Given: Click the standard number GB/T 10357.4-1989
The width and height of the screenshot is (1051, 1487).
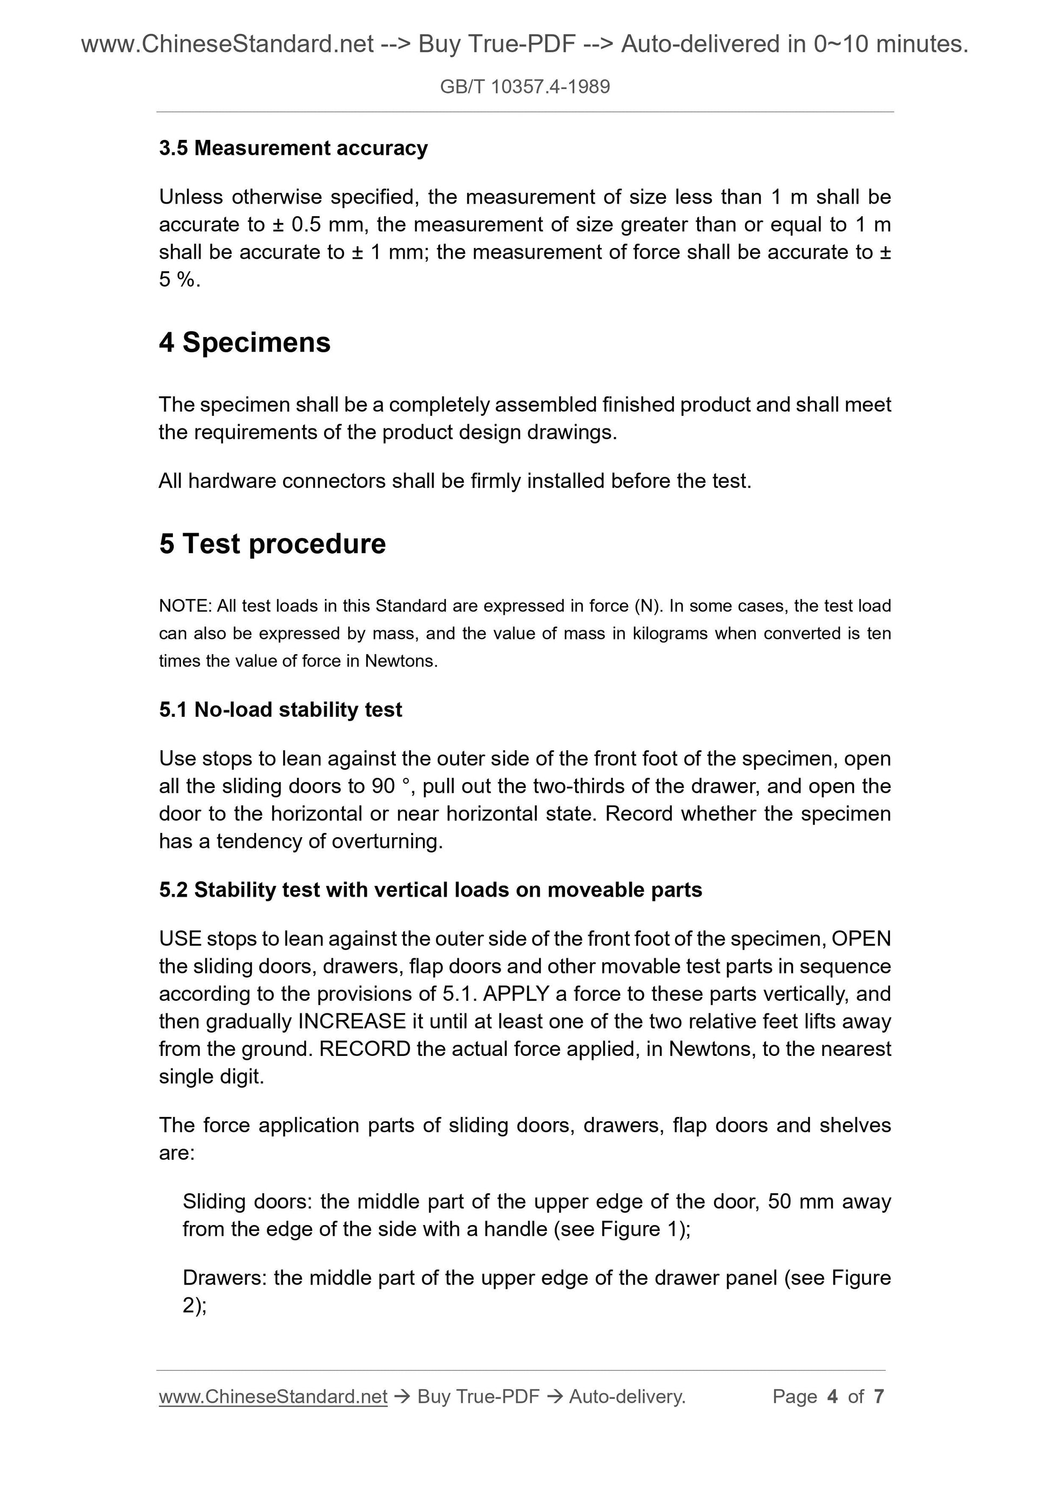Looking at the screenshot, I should [x=524, y=87].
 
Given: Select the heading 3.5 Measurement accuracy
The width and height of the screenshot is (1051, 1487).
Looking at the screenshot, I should [x=293, y=149].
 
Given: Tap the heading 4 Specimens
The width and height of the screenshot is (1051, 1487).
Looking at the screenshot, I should [x=245, y=342].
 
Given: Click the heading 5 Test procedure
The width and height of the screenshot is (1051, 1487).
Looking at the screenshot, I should [x=272, y=543].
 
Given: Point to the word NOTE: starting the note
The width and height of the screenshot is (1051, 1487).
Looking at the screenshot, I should [x=185, y=606].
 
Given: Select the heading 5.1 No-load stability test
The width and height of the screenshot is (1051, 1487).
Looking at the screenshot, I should [x=280, y=710].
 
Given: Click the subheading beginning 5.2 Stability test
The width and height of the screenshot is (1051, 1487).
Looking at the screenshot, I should [x=430, y=890].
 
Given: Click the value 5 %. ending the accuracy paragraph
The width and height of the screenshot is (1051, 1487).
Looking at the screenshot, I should [x=179, y=280].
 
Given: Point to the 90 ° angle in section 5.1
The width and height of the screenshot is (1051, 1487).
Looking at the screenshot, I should [x=391, y=786].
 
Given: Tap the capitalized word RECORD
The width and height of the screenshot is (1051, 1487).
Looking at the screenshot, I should [x=365, y=1048].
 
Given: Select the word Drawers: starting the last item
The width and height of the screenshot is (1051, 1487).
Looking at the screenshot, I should [x=225, y=1278].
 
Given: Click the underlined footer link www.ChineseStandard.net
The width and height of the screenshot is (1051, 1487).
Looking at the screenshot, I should [x=273, y=1396].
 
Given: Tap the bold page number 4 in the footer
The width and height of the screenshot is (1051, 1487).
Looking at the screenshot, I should [x=832, y=1396].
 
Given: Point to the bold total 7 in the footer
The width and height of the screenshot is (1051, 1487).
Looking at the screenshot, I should [x=878, y=1396].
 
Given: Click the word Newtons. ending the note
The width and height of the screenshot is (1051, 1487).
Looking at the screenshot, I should [x=401, y=661].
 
